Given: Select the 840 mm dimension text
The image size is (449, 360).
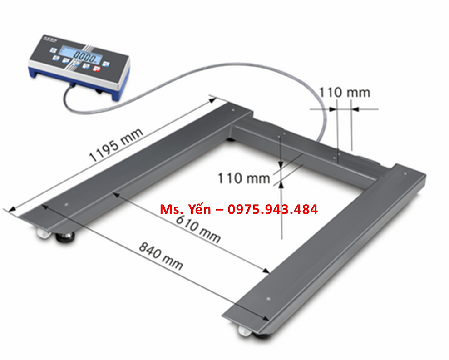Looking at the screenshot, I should (161, 256).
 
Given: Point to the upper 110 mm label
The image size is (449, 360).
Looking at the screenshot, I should (344, 93).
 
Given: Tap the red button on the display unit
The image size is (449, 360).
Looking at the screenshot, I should (96, 68).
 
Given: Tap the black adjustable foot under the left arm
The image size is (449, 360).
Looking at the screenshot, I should (68, 237).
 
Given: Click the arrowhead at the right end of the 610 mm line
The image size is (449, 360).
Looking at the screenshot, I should (268, 271).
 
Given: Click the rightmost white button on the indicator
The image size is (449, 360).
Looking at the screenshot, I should (106, 64).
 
